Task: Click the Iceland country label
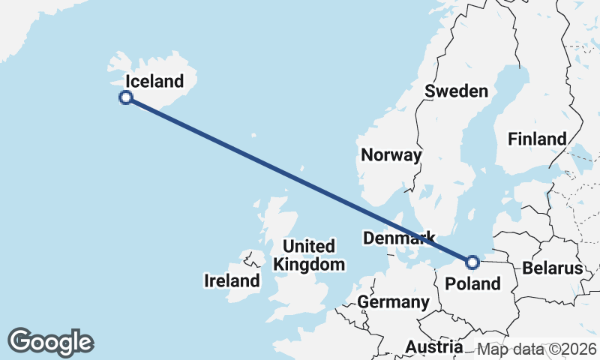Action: pyautogui.click(x=154, y=81)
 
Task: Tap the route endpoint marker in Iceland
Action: pyautogui.click(x=127, y=97)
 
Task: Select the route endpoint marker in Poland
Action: pyautogui.click(x=472, y=262)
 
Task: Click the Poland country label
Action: pyautogui.click(x=472, y=283)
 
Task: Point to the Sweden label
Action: pyautogui.click(x=456, y=91)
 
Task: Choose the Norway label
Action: pyautogui.click(x=391, y=155)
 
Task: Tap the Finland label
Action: pyautogui.click(x=537, y=139)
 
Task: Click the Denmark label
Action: pyautogui.click(x=399, y=238)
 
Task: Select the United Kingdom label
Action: pyautogui.click(x=309, y=255)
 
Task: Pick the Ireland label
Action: pyautogui.click(x=232, y=281)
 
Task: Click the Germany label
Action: pyautogui.click(x=393, y=302)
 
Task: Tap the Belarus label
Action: pyautogui.click(x=553, y=268)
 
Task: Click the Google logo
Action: pyautogui.click(x=50, y=342)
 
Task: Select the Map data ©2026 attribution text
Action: pyautogui.click(x=537, y=349)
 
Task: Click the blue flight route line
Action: pyautogui.click(x=300, y=180)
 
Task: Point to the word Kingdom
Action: pyautogui.click(x=309, y=264)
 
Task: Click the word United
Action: pyautogui.click(x=309, y=246)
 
